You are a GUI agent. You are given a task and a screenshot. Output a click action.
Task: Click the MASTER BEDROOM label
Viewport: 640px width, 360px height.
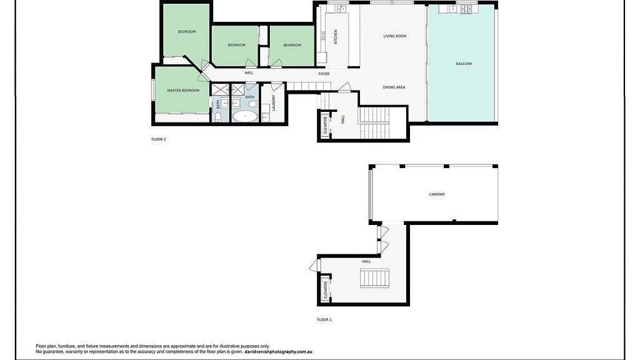pos(183,91)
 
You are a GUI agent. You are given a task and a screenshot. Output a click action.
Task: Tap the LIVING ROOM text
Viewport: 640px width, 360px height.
pos(394,36)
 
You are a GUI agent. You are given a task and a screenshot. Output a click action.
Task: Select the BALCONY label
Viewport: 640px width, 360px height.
pos(464,64)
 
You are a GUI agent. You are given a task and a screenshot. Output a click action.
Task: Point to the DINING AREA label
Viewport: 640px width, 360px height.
pos(394,87)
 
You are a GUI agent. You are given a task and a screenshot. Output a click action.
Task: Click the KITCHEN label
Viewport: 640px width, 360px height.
pos(336,37)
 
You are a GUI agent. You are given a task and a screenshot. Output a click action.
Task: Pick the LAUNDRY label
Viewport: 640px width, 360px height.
pos(274,102)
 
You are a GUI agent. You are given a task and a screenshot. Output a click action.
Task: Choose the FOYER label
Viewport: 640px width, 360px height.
pos(324,74)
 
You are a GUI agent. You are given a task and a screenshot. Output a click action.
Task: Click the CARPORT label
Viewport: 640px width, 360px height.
pos(437,194)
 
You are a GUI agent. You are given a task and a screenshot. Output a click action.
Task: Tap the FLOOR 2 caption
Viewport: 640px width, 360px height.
pos(159,139)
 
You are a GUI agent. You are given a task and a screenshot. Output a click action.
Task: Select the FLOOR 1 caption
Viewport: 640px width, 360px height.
pos(324,319)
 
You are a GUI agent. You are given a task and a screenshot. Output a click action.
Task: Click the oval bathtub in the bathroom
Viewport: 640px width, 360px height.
pos(245,116)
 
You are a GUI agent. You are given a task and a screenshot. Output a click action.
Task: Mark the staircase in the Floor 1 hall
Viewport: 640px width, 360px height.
pos(374,278)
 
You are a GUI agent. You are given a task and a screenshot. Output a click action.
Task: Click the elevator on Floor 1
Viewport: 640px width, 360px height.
pos(325,290)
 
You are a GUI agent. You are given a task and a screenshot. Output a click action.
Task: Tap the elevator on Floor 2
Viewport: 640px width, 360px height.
pos(325,125)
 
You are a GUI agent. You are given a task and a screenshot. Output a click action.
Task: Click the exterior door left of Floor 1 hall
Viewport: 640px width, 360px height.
pos(313,266)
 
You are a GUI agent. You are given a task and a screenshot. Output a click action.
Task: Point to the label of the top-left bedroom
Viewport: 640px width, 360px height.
pos(186,32)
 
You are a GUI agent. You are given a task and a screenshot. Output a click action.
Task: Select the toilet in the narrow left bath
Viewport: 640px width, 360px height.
pos(217,116)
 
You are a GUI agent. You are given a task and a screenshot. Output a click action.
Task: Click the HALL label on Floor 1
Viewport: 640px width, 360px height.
pos(366,261)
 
